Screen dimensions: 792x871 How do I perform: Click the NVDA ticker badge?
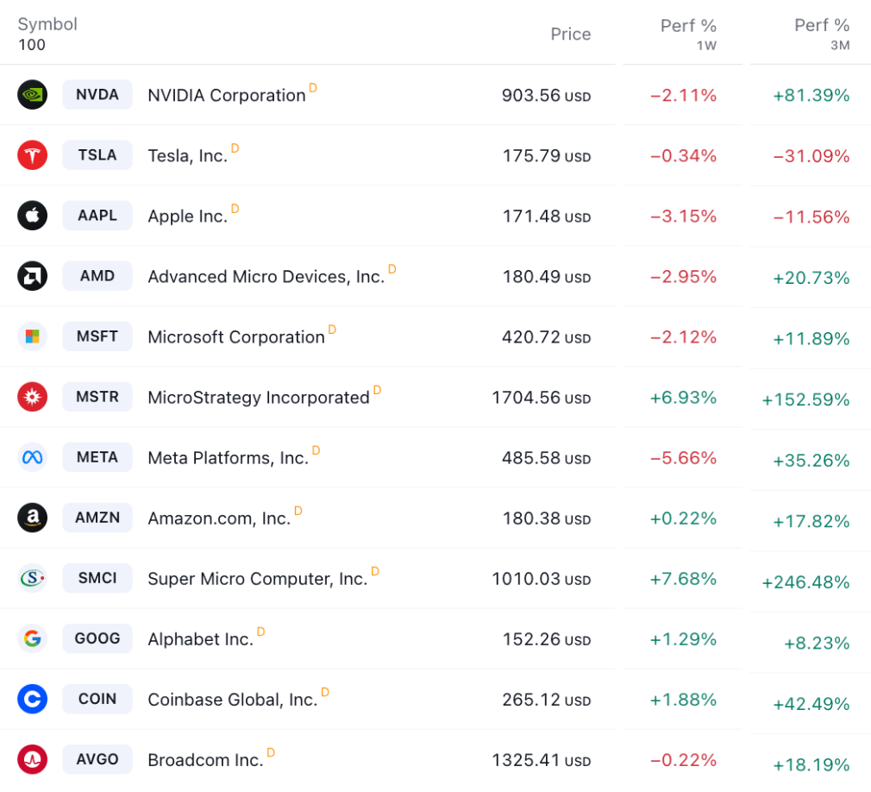97,95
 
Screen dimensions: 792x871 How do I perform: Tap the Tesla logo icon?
32,155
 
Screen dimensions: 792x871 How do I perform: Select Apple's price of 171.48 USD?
546,217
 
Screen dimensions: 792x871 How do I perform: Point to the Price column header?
571,35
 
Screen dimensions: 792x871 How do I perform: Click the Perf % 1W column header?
688,34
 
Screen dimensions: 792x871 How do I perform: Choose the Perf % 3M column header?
821,34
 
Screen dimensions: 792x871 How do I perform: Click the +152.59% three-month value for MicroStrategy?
805,399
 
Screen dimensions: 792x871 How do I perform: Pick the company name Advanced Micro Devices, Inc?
266,277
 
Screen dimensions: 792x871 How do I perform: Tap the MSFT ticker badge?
97,336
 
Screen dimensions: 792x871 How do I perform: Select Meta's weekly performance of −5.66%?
683,458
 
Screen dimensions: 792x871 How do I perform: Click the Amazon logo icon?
32,518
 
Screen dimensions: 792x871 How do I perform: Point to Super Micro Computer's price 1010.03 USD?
541,579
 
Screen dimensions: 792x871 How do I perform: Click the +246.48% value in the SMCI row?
805,582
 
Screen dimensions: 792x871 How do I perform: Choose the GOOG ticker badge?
97,638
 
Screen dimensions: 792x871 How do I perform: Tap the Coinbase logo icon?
32,699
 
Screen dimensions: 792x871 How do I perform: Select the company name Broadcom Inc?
205,760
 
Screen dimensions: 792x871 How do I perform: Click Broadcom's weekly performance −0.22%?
683,760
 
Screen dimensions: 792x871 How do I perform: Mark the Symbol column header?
47,24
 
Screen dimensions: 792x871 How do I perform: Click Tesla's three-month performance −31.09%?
811,156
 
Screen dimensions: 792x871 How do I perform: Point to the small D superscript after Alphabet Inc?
261,632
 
